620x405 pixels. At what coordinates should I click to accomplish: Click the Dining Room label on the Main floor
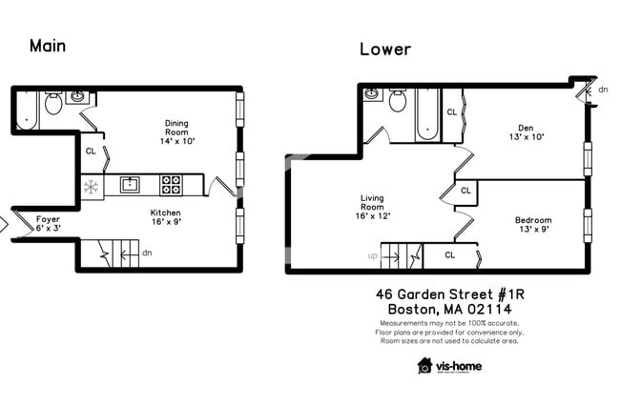point(176,131)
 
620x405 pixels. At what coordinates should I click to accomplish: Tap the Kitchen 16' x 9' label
point(165,218)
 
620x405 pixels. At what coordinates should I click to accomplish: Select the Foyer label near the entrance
point(48,224)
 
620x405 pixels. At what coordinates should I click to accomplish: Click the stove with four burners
point(173,184)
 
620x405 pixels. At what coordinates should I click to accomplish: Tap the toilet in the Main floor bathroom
point(54,103)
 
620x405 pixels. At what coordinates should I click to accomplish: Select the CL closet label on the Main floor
point(91,151)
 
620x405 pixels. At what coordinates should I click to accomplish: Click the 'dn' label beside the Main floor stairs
point(146,253)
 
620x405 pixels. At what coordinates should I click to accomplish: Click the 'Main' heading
point(48,45)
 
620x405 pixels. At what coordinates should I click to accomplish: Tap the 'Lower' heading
point(385,49)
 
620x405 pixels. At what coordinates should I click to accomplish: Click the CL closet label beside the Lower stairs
point(449,255)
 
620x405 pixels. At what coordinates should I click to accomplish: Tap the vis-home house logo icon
point(425,366)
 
